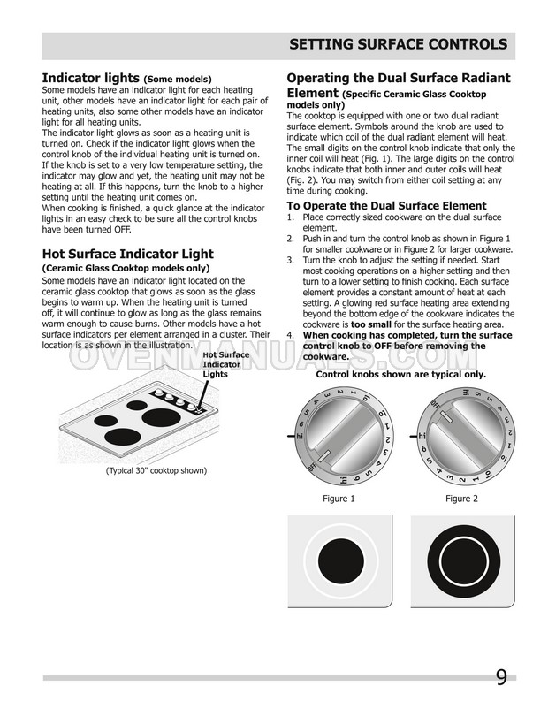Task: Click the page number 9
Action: (501, 679)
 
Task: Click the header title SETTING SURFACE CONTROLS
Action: (399, 44)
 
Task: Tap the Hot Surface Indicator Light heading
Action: (127, 254)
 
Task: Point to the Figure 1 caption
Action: (339, 499)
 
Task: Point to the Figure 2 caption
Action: (461, 499)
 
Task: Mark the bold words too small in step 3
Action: (357, 324)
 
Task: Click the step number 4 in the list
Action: (291, 336)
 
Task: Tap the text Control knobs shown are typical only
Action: (400, 374)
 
